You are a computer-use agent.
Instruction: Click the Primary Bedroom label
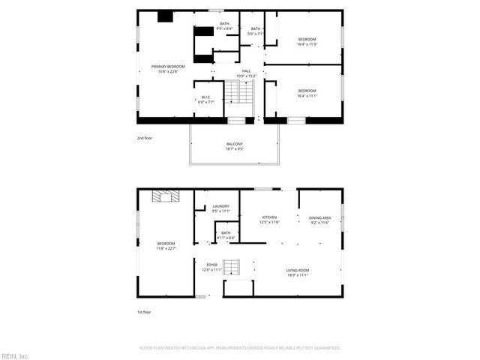166,69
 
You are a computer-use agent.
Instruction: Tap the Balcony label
235,146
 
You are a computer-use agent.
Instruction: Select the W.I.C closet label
208,100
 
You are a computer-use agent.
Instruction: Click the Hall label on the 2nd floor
246,73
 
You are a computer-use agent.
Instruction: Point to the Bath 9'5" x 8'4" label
224,26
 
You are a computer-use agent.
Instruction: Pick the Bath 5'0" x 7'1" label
256,31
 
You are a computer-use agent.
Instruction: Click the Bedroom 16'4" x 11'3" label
307,41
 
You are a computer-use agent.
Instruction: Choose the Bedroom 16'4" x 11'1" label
307,94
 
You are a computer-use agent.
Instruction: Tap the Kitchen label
269,220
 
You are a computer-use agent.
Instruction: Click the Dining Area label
320,220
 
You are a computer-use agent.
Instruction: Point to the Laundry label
220,208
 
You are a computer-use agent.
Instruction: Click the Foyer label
212,267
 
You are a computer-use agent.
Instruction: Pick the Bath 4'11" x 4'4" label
226,235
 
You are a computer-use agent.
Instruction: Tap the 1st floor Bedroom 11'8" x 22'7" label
166,247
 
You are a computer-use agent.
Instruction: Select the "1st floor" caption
143,311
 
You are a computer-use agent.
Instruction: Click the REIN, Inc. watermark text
15,355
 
